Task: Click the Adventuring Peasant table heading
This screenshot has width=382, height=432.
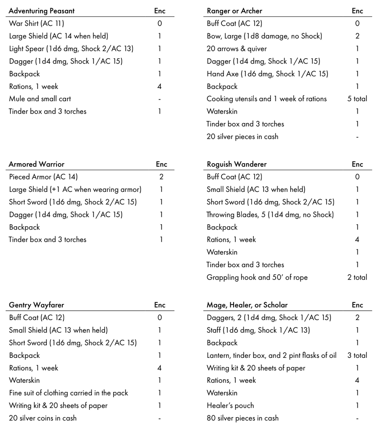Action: [x=41, y=11]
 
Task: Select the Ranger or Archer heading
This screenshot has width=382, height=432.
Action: [x=234, y=11]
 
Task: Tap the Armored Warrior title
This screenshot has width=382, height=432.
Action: [x=36, y=164]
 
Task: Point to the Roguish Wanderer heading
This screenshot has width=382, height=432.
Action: [x=236, y=164]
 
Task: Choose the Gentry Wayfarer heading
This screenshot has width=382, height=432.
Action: [x=36, y=305]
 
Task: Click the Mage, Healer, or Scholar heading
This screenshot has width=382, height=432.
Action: [x=247, y=305]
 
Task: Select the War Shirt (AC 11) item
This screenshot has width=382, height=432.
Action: [x=36, y=23]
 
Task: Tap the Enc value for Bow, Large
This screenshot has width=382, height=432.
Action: [x=357, y=36]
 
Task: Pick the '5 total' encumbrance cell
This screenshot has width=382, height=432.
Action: [x=357, y=99]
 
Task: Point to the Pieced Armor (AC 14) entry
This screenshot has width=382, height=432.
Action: [x=43, y=177]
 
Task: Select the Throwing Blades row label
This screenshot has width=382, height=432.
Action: [x=270, y=214]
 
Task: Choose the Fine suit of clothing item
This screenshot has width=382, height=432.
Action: [x=68, y=393]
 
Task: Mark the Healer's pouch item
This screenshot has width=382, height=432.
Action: [x=230, y=406]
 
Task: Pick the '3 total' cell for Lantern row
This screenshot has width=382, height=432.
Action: [x=357, y=355]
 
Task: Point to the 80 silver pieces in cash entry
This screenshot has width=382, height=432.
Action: [x=242, y=418]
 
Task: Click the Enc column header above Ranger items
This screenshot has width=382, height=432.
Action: [x=357, y=11]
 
